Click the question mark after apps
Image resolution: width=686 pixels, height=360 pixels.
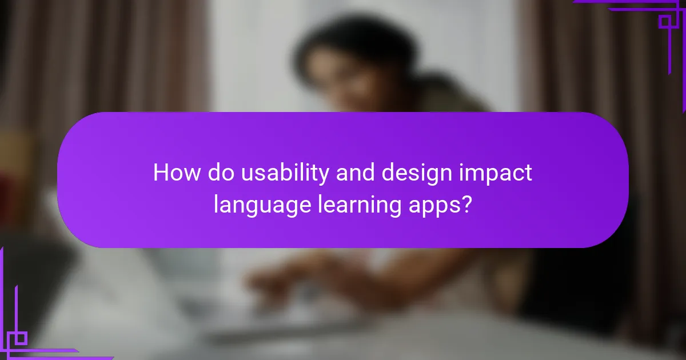467,205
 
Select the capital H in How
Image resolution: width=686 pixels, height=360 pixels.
161,173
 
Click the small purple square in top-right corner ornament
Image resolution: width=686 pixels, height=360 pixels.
664,22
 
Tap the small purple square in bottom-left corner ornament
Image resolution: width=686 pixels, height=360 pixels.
21,338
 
